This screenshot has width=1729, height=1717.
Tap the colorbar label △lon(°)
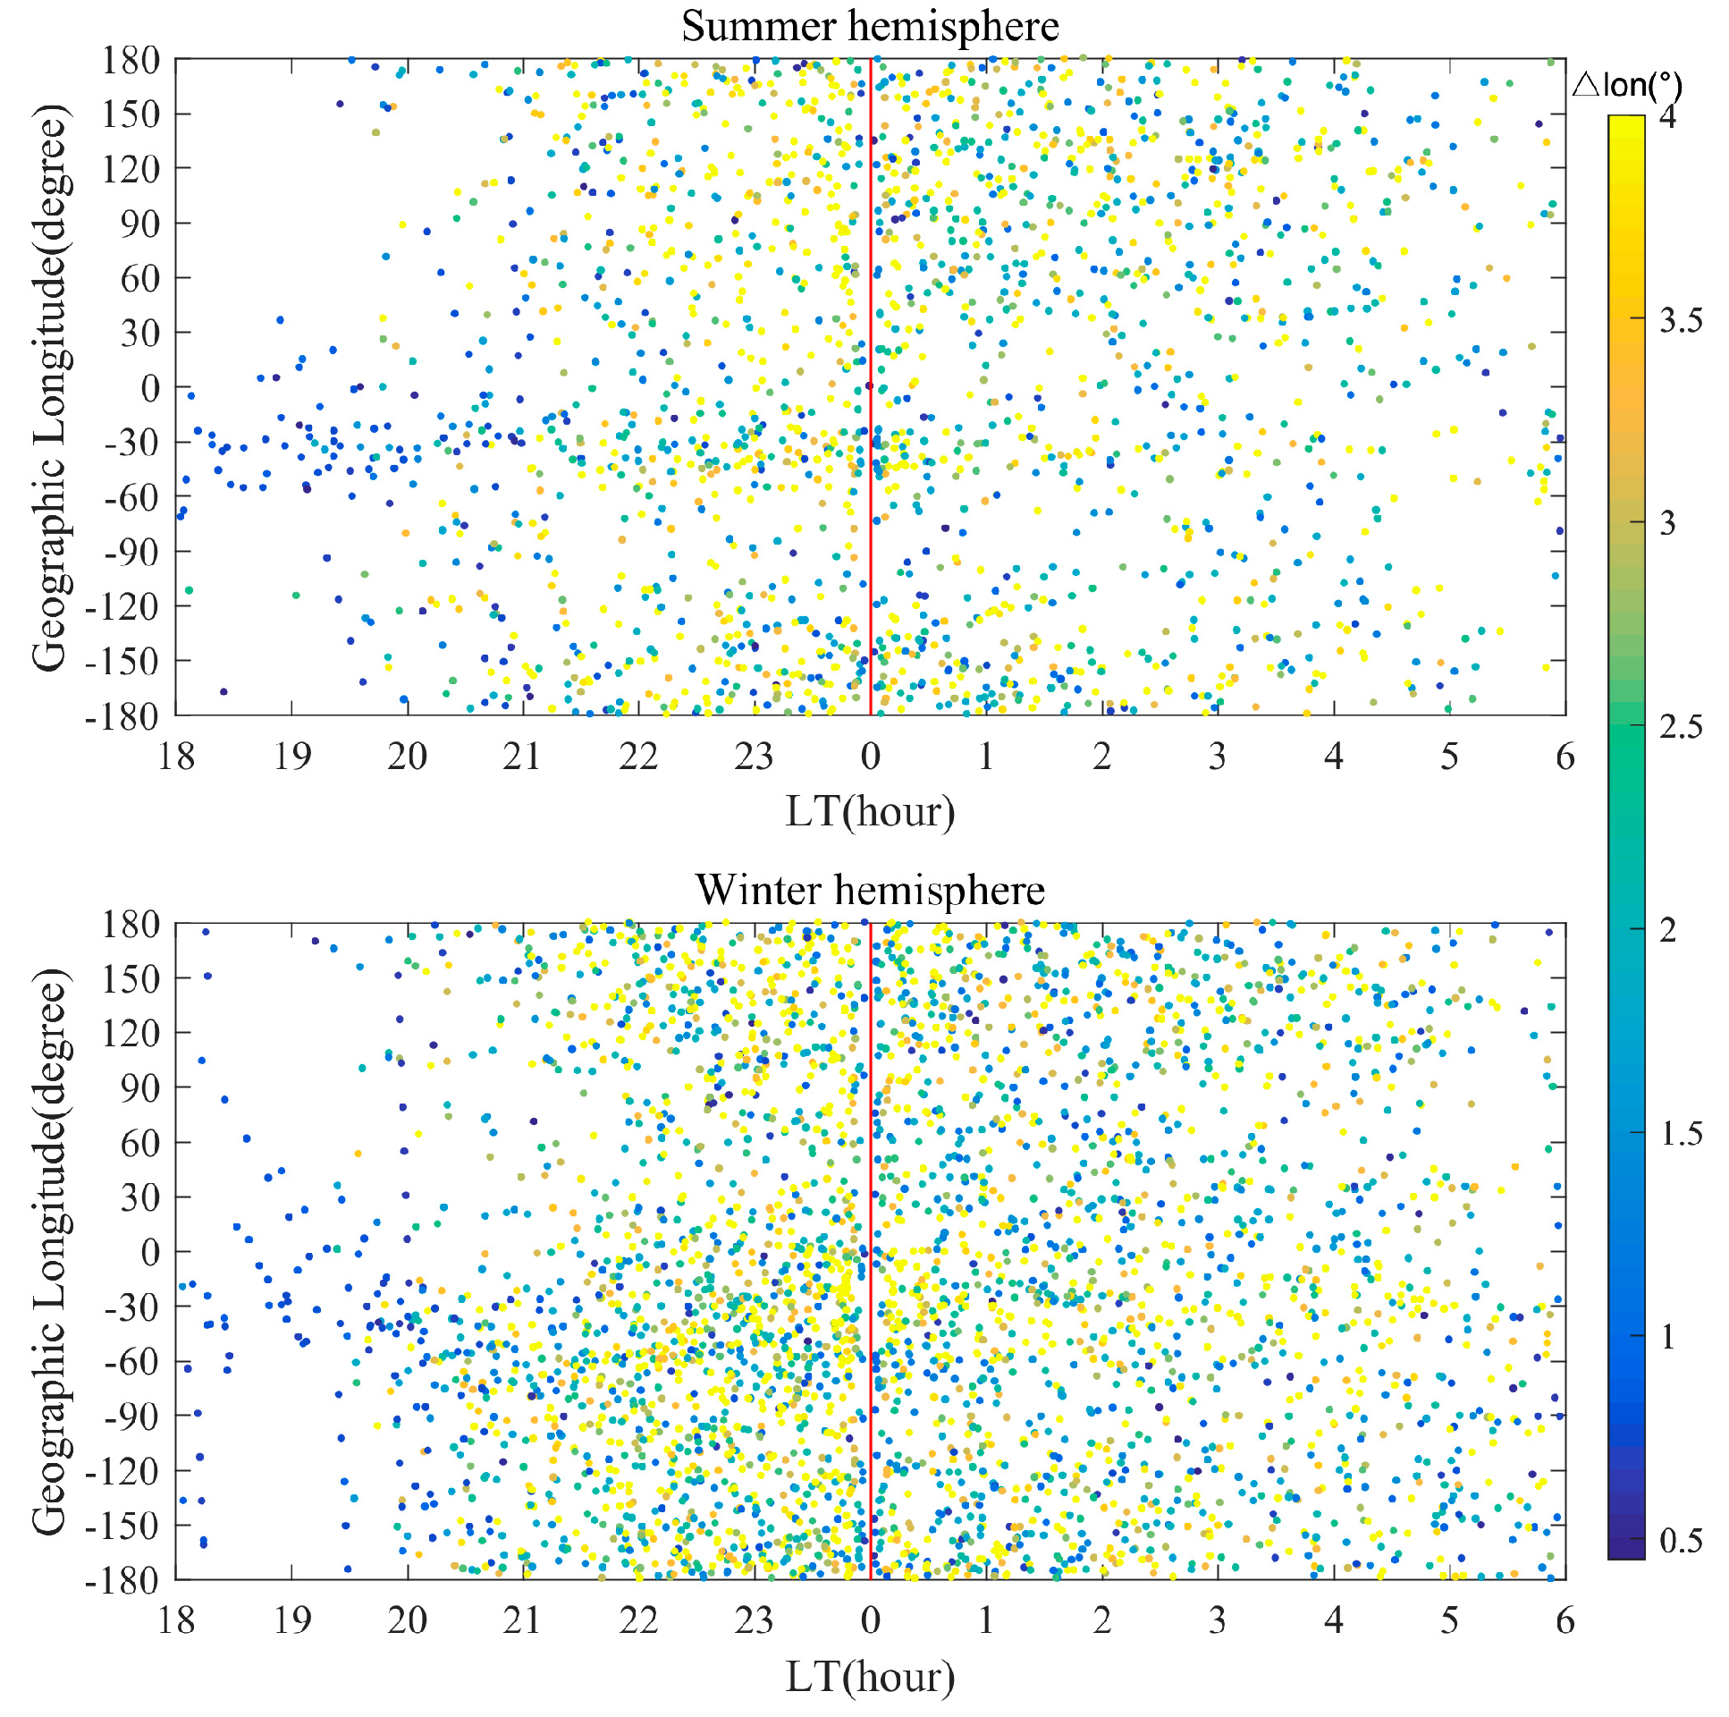(1626, 86)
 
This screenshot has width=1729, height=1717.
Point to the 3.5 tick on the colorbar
(1680, 320)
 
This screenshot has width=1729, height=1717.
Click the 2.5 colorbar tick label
(1680, 727)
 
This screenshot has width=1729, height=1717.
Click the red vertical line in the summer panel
(870, 358)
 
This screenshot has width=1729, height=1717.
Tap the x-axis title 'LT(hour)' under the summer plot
(869, 811)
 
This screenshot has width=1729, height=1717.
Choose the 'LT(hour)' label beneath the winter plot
(869, 1676)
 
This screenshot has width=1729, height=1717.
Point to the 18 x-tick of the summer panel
(176, 757)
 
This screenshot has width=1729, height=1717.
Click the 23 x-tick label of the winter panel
(754, 1620)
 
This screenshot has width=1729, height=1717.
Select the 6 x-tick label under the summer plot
(1565, 757)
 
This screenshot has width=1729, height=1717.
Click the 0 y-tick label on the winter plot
(150, 1251)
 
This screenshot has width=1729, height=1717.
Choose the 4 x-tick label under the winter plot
(1334, 1620)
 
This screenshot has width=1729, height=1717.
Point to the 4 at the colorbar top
(1667, 117)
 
